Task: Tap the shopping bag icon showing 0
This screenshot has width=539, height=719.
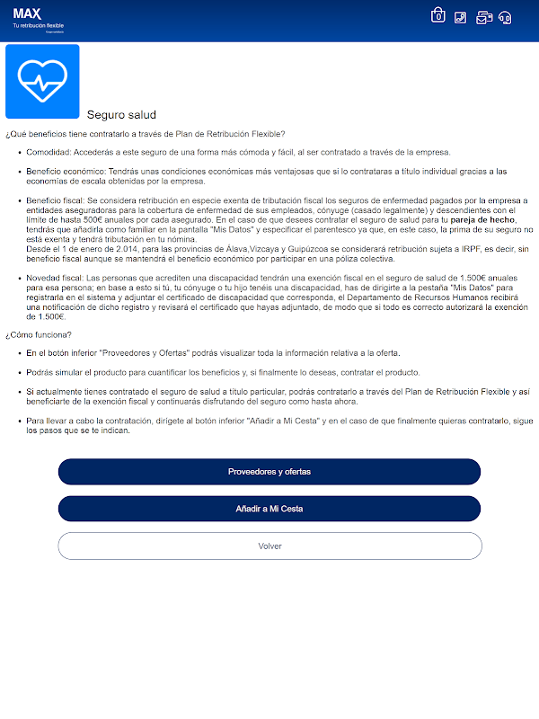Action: pyautogui.click(x=438, y=15)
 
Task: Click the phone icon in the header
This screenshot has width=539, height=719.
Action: pyautogui.click(x=461, y=16)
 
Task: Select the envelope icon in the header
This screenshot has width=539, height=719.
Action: pyautogui.click(x=483, y=16)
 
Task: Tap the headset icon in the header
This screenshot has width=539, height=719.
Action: pyautogui.click(x=505, y=16)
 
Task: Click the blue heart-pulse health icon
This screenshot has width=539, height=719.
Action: pyautogui.click(x=42, y=81)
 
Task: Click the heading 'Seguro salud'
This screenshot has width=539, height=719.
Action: pyautogui.click(x=121, y=115)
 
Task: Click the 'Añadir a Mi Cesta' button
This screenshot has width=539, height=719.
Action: pyautogui.click(x=269, y=509)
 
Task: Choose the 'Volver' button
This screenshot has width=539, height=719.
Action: pyautogui.click(x=269, y=546)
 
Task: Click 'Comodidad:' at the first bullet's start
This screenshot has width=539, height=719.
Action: pyautogui.click(x=49, y=152)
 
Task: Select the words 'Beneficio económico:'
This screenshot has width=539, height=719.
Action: pyautogui.click(x=66, y=171)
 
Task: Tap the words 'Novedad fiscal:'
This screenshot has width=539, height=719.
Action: pyautogui.click(x=55, y=279)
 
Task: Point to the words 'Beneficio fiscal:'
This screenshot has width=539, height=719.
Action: pyautogui.click(x=56, y=200)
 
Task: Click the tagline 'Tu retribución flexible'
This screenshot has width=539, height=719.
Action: pyautogui.click(x=39, y=25)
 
